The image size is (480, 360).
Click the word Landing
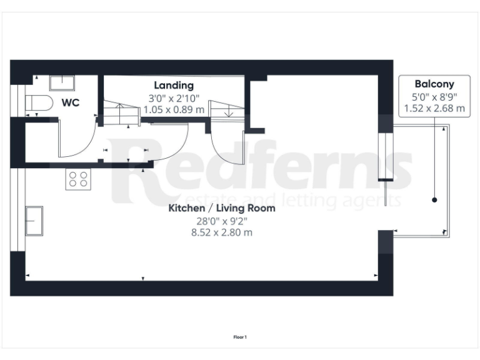click(x=174, y=86)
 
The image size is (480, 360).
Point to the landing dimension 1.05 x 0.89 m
click(x=174, y=109)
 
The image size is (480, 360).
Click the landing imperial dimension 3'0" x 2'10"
click(x=174, y=97)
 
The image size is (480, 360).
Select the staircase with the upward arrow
click(x=121, y=115)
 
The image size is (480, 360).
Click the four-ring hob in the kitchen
click(x=78, y=179)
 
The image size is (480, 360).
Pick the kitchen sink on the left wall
click(x=34, y=221)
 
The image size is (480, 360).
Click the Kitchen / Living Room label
click(x=221, y=208)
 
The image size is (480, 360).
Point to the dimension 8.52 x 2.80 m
click(x=221, y=232)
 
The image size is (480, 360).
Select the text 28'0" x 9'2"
click(x=221, y=220)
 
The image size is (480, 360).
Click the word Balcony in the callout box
click(x=434, y=84)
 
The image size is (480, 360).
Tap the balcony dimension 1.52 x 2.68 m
click(x=434, y=108)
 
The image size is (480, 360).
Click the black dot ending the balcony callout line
click(x=434, y=200)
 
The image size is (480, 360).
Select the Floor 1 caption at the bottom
click(x=240, y=337)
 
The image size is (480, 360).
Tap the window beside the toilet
click(x=15, y=100)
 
